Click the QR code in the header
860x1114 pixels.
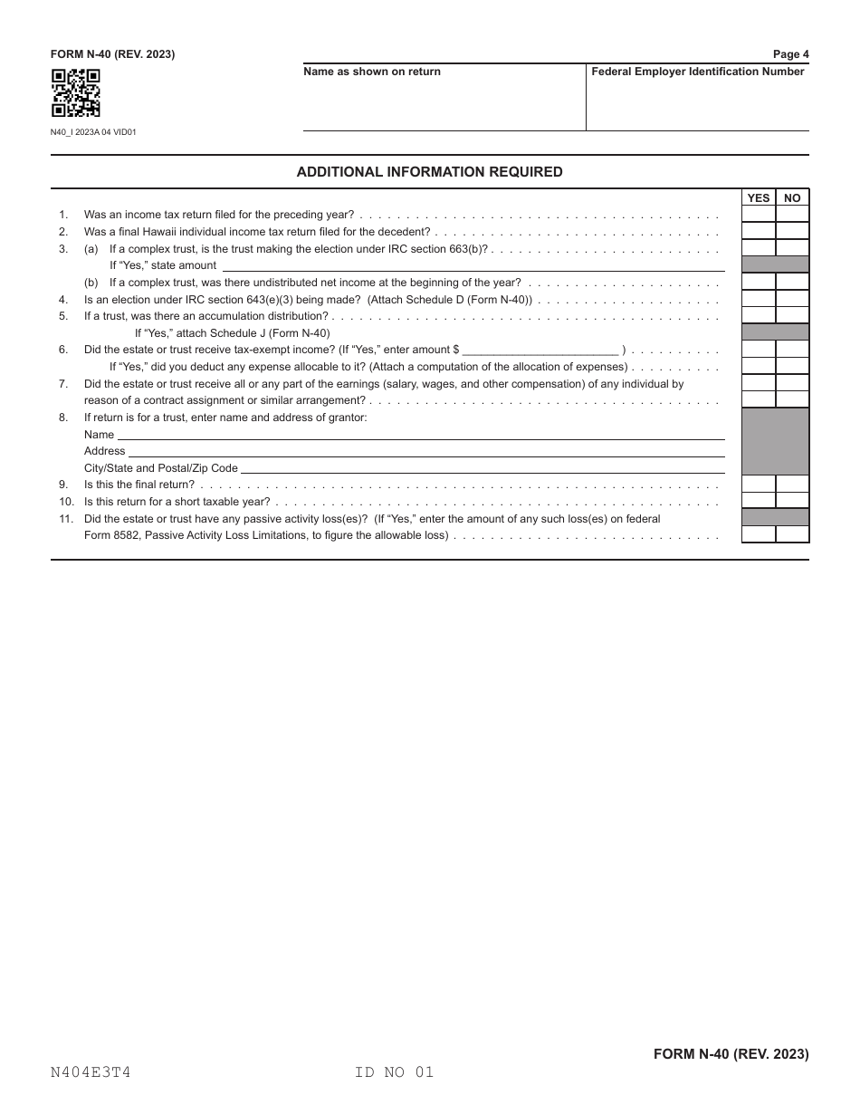pyautogui.click(x=75, y=93)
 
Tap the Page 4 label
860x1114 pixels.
pyautogui.click(x=790, y=54)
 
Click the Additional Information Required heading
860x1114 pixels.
pyautogui.click(x=429, y=172)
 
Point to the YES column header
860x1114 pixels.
pyautogui.click(x=759, y=198)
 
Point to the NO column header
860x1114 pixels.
pyautogui.click(x=792, y=198)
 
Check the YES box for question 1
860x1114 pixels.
pyautogui.click(x=759, y=215)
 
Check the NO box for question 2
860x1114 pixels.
pyautogui.click(x=792, y=232)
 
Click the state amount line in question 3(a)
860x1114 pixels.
pyautogui.click(x=473, y=265)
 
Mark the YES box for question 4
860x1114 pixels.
pyautogui.click(x=759, y=299)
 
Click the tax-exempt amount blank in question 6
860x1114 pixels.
pyautogui.click(x=540, y=350)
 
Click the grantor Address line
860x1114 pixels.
pyautogui.click(x=425, y=450)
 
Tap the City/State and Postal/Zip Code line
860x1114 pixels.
pyautogui.click(x=482, y=467)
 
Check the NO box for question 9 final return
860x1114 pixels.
pyautogui.click(x=792, y=485)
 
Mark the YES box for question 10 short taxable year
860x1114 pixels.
pyautogui.click(x=759, y=501)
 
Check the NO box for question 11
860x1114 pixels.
pyautogui.click(x=792, y=534)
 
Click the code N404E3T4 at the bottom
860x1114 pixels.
pyautogui.click(x=91, y=1072)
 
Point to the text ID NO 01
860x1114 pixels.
pyautogui.click(x=395, y=1072)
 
